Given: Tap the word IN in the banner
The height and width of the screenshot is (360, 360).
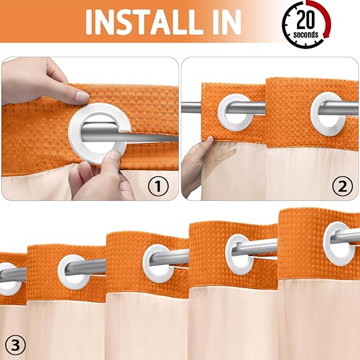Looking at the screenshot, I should tap(222, 22).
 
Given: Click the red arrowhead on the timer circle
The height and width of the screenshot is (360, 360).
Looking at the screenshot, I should tap(323, 39).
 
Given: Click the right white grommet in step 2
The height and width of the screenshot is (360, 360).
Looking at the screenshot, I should tap(326, 109).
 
